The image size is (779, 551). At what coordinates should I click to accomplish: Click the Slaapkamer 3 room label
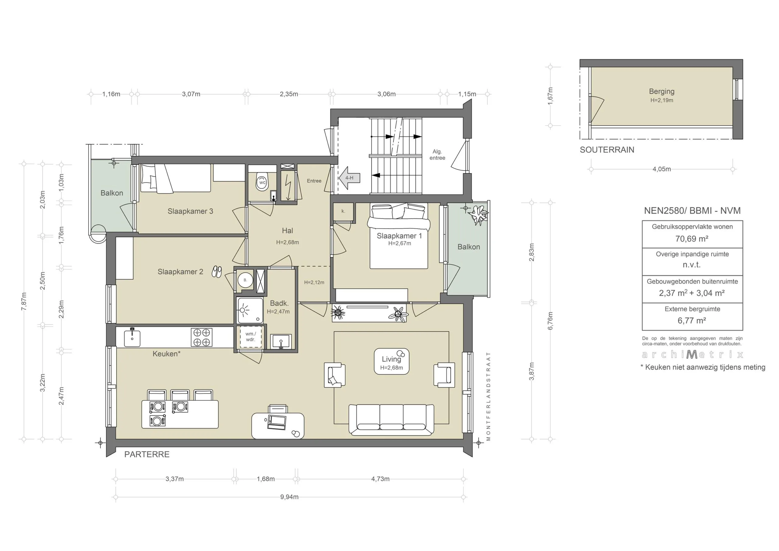190,211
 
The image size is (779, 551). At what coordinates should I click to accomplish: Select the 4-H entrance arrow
349,178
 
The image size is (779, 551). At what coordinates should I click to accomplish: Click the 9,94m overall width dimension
289,497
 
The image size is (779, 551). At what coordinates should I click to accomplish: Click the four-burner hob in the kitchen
202,337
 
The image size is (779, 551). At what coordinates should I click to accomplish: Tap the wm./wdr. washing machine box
250,337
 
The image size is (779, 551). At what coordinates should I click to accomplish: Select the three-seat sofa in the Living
391,420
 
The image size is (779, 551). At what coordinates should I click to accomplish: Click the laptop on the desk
277,422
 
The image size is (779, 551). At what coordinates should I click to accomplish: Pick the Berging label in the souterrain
662,91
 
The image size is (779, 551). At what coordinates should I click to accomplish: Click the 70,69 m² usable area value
692,239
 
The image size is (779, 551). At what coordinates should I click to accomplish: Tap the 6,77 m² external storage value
692,321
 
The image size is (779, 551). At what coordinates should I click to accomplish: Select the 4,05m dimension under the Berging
662,169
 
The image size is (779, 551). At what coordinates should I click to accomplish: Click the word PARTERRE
147,454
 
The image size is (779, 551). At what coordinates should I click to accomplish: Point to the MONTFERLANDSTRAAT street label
488,396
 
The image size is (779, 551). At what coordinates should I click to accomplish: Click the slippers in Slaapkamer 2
217,272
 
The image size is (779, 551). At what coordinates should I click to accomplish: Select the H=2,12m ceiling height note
314,282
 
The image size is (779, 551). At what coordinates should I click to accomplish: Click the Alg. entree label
437,155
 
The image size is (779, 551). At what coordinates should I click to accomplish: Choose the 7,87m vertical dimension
24,301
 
